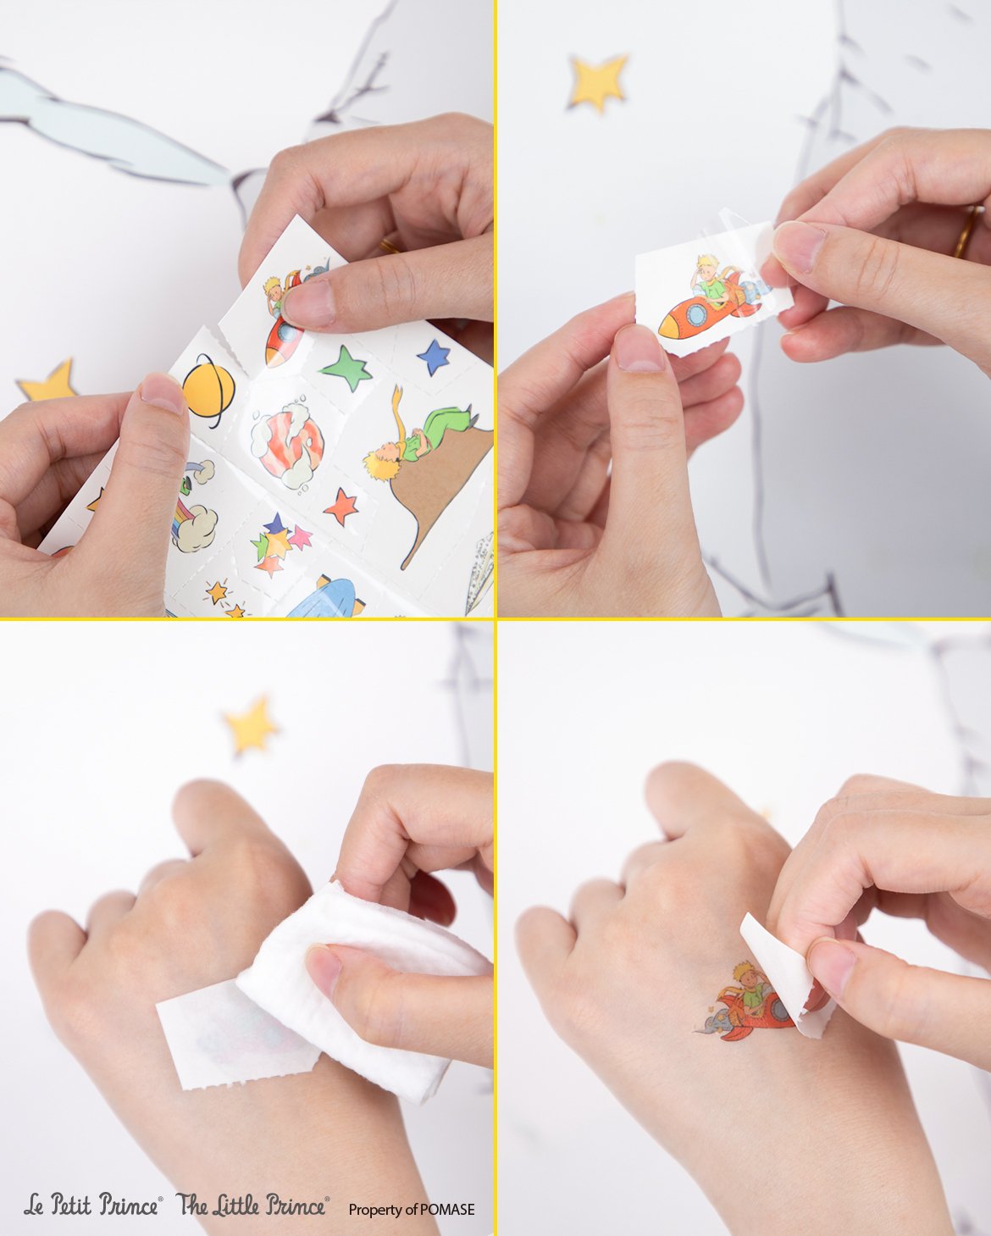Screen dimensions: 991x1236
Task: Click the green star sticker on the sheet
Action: tap(346, 368)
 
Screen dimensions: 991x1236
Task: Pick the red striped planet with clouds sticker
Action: tap(287, 444)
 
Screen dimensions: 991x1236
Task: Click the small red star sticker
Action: tap(341, 506)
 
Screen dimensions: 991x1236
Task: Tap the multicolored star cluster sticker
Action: tap(279, 544)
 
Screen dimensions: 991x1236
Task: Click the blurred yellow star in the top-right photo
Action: tap(598, 80)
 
